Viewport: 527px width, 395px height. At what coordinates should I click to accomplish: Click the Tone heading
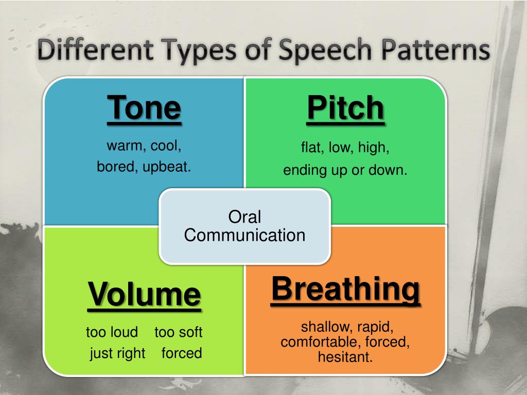point(144,108)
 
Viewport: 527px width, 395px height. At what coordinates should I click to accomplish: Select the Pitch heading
point(345,109)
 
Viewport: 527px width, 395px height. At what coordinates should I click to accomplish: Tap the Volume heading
point(144,294)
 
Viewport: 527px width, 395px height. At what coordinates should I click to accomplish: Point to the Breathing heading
point(345,289)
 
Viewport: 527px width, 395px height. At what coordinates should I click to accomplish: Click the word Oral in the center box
point(244,217)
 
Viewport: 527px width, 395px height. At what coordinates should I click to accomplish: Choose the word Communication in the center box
point(244,235)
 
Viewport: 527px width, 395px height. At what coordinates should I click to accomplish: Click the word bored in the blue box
point(116,167)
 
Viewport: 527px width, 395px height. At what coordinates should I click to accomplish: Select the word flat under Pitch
point(311,148)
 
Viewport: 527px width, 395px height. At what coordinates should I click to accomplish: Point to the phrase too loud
point(112,332)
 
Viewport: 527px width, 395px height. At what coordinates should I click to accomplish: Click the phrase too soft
point(179,332)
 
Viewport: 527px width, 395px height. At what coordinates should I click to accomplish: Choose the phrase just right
point(117,353)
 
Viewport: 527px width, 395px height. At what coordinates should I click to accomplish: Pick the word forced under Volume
point(182,353)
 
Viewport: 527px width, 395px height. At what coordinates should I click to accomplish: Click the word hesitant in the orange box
point(345,357)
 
